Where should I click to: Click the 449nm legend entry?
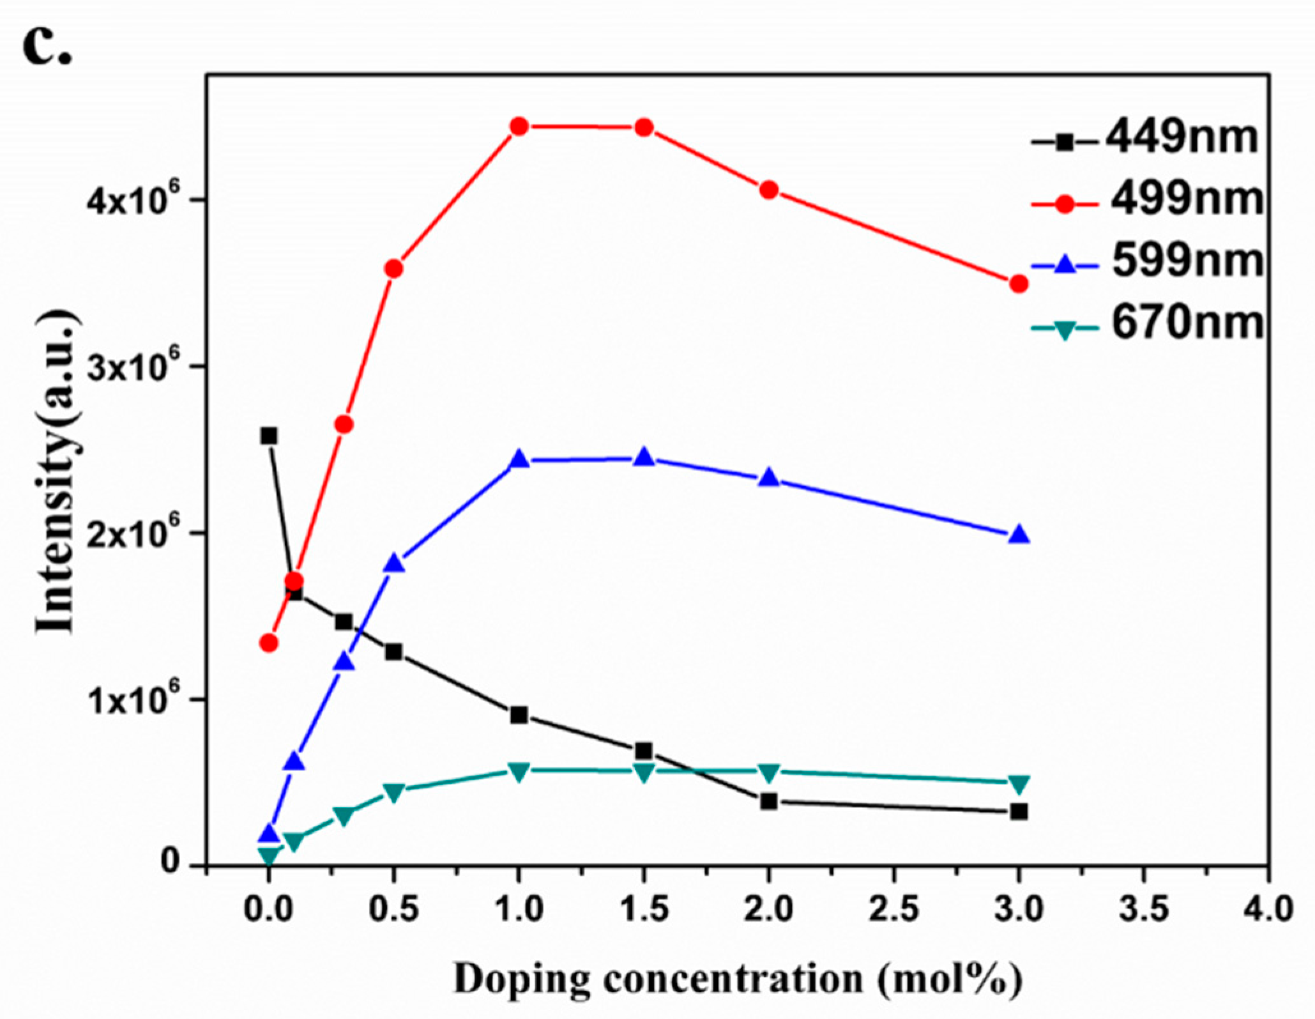(1143, 139)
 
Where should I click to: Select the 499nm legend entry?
(1146, 201)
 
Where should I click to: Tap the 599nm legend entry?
(1146, 262)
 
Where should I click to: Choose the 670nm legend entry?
(1146, 324)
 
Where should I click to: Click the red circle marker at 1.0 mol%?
(519, 126)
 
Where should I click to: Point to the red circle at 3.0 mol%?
(1019, 284)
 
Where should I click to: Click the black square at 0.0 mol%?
(269, 436)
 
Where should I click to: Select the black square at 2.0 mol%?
(769, 801)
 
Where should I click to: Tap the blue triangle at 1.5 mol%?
(644, 457)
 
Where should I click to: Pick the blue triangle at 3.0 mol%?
(1019, 535)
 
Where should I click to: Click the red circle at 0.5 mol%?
(394, 269)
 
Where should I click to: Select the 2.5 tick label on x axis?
(893, 909)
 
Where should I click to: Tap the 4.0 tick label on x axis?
(1268, 909)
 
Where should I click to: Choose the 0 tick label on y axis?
(169, 862)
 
